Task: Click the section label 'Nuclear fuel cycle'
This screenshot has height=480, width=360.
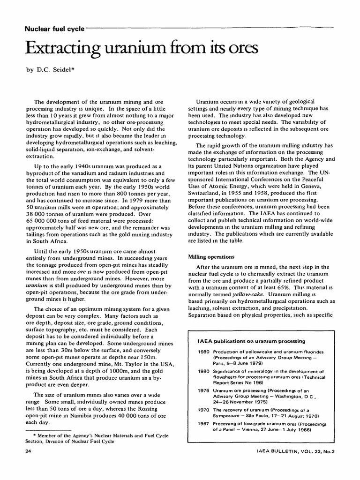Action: (54, 29)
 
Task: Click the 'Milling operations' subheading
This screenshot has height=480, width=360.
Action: (211, 256)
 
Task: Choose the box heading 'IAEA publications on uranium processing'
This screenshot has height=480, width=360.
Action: (251, 341)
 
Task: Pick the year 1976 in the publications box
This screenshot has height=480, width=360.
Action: (203, 390)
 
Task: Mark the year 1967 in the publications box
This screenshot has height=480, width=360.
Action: (203, 423)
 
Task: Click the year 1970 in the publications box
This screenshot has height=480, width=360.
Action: (203, 409)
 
